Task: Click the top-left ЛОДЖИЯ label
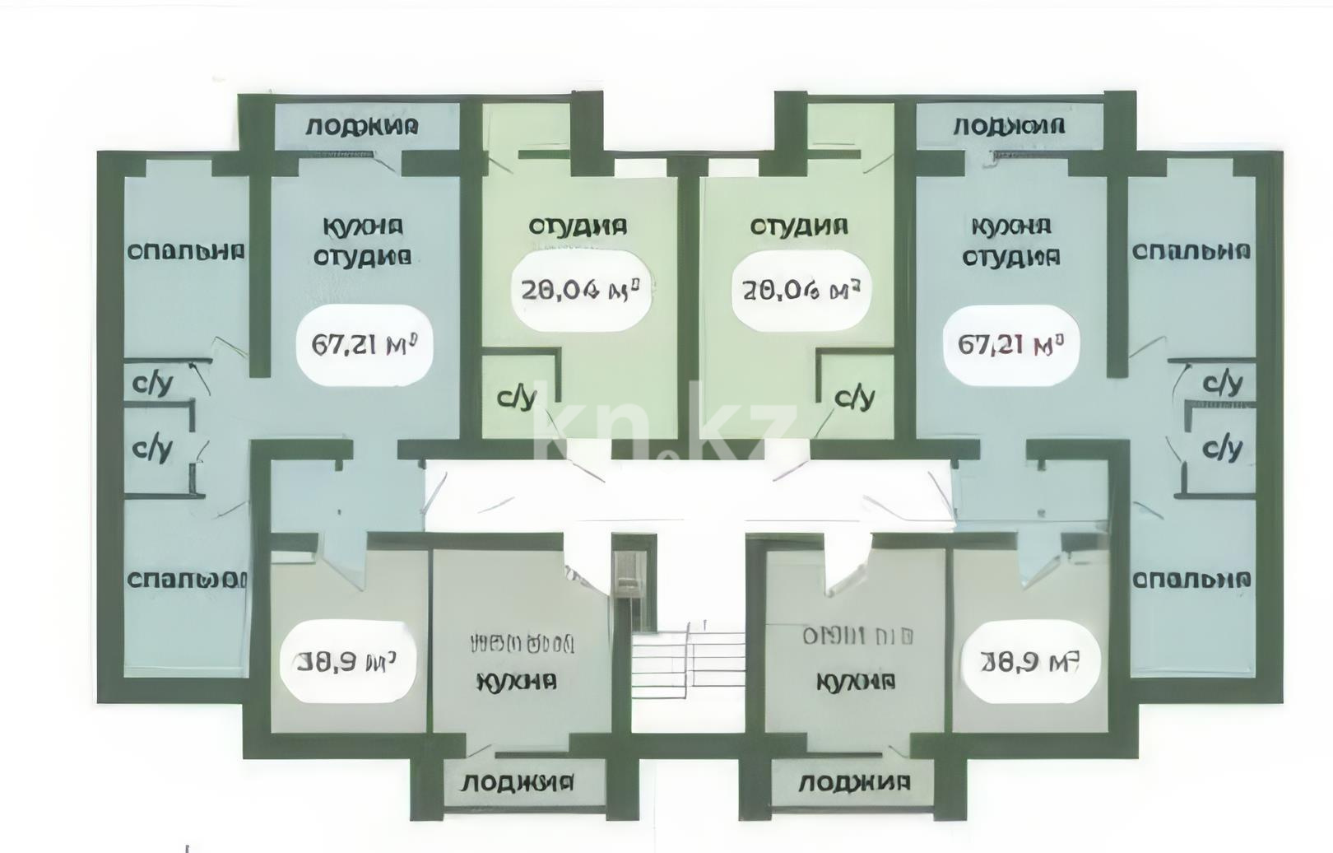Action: (362, 126)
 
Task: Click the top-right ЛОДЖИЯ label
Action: (1009, 126)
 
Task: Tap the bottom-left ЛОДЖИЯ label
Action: (517, 782)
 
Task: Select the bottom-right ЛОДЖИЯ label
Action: (854, 782)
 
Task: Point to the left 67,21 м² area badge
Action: (361, 344)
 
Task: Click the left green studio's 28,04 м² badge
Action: (581, 290)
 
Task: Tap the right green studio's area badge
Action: (801, 290)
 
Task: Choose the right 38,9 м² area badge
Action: (1029, 661)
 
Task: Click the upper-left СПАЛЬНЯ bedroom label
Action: (186, 251)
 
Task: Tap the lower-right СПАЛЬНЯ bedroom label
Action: (1191, 580)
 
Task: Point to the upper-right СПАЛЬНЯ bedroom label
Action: (1191, 251)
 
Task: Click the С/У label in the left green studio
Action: (517, 398)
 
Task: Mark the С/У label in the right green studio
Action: (854, 398)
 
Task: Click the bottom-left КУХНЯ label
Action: (517, 682)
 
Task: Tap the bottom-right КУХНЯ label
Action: (856, 682)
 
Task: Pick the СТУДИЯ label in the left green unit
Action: (578, 226)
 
